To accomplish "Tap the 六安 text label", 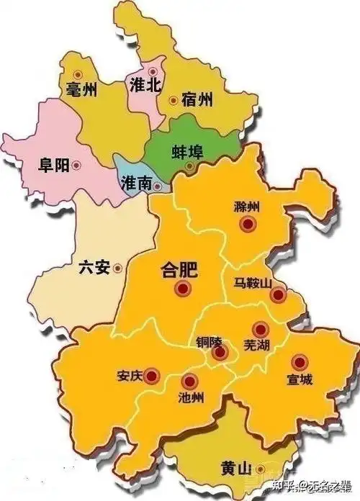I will (93, 268).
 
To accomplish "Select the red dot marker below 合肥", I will (182, 289).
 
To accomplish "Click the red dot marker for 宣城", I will (298, 362).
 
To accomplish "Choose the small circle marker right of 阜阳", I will (77, 166).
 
